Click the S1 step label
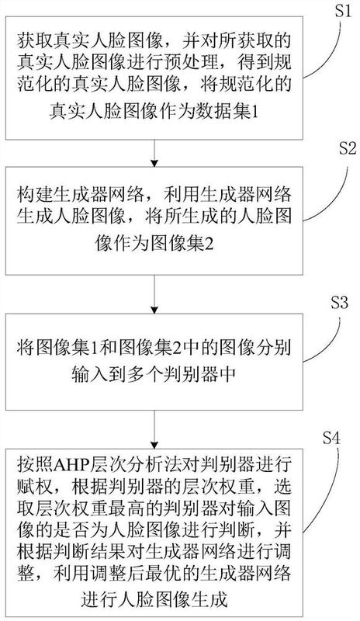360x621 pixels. (342, 11)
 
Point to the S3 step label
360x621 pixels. (338, 302)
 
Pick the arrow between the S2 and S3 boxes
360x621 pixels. (154, 294)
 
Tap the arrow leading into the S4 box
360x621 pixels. (154, 429)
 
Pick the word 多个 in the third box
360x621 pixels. (144, 373)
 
